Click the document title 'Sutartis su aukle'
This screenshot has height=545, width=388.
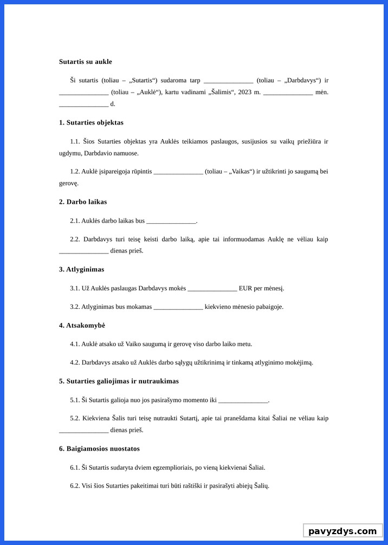point(85,62)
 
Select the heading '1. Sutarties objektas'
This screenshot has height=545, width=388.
point(91,122)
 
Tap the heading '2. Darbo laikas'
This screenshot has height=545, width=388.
point(83,202)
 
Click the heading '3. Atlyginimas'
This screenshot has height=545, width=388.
point(81,269)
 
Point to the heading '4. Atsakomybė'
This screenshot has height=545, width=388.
point(82,325)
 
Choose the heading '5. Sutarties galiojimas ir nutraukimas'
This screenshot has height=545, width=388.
point(119,381)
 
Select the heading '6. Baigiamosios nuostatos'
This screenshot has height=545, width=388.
point(99,449)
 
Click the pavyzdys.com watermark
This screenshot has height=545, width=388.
point(342,531)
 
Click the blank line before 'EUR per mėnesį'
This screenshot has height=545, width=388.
point(212,288)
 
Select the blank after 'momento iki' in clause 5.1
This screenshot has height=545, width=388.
point(243,400)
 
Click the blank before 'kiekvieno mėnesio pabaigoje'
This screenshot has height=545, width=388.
point(178,307)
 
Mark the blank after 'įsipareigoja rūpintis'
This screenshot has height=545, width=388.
point(178,172)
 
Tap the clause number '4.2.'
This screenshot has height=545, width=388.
point(75,362)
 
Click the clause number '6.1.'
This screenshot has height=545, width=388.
point(75,467)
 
